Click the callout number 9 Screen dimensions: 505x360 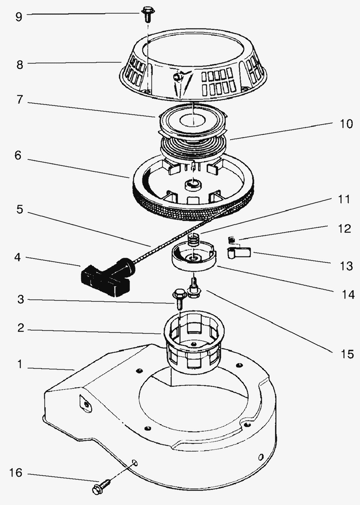[x=19, y=16]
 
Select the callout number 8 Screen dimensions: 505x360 [x=20, y=64]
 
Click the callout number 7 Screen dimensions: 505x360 [x=19, y=99]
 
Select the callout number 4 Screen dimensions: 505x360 [x=18, y=257]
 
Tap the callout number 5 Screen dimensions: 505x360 [x=20, y=210]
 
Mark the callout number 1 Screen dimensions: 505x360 [x=20, y=364]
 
